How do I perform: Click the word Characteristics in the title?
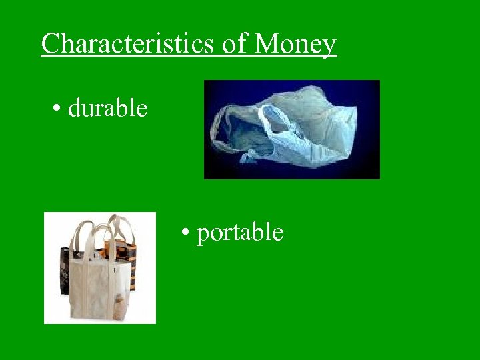coord(127,44)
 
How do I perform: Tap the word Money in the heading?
coord(295,44)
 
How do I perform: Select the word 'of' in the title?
coord(234,44)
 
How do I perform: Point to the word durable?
coord(107,107)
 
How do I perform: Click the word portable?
coord(240,232)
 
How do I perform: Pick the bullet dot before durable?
coord(58,109)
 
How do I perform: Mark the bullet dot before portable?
coord(187,233)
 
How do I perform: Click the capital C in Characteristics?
coord(50,44)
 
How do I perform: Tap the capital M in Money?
coord(267,44)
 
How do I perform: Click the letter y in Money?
coord(329,47)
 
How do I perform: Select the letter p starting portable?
coord(203,234)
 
